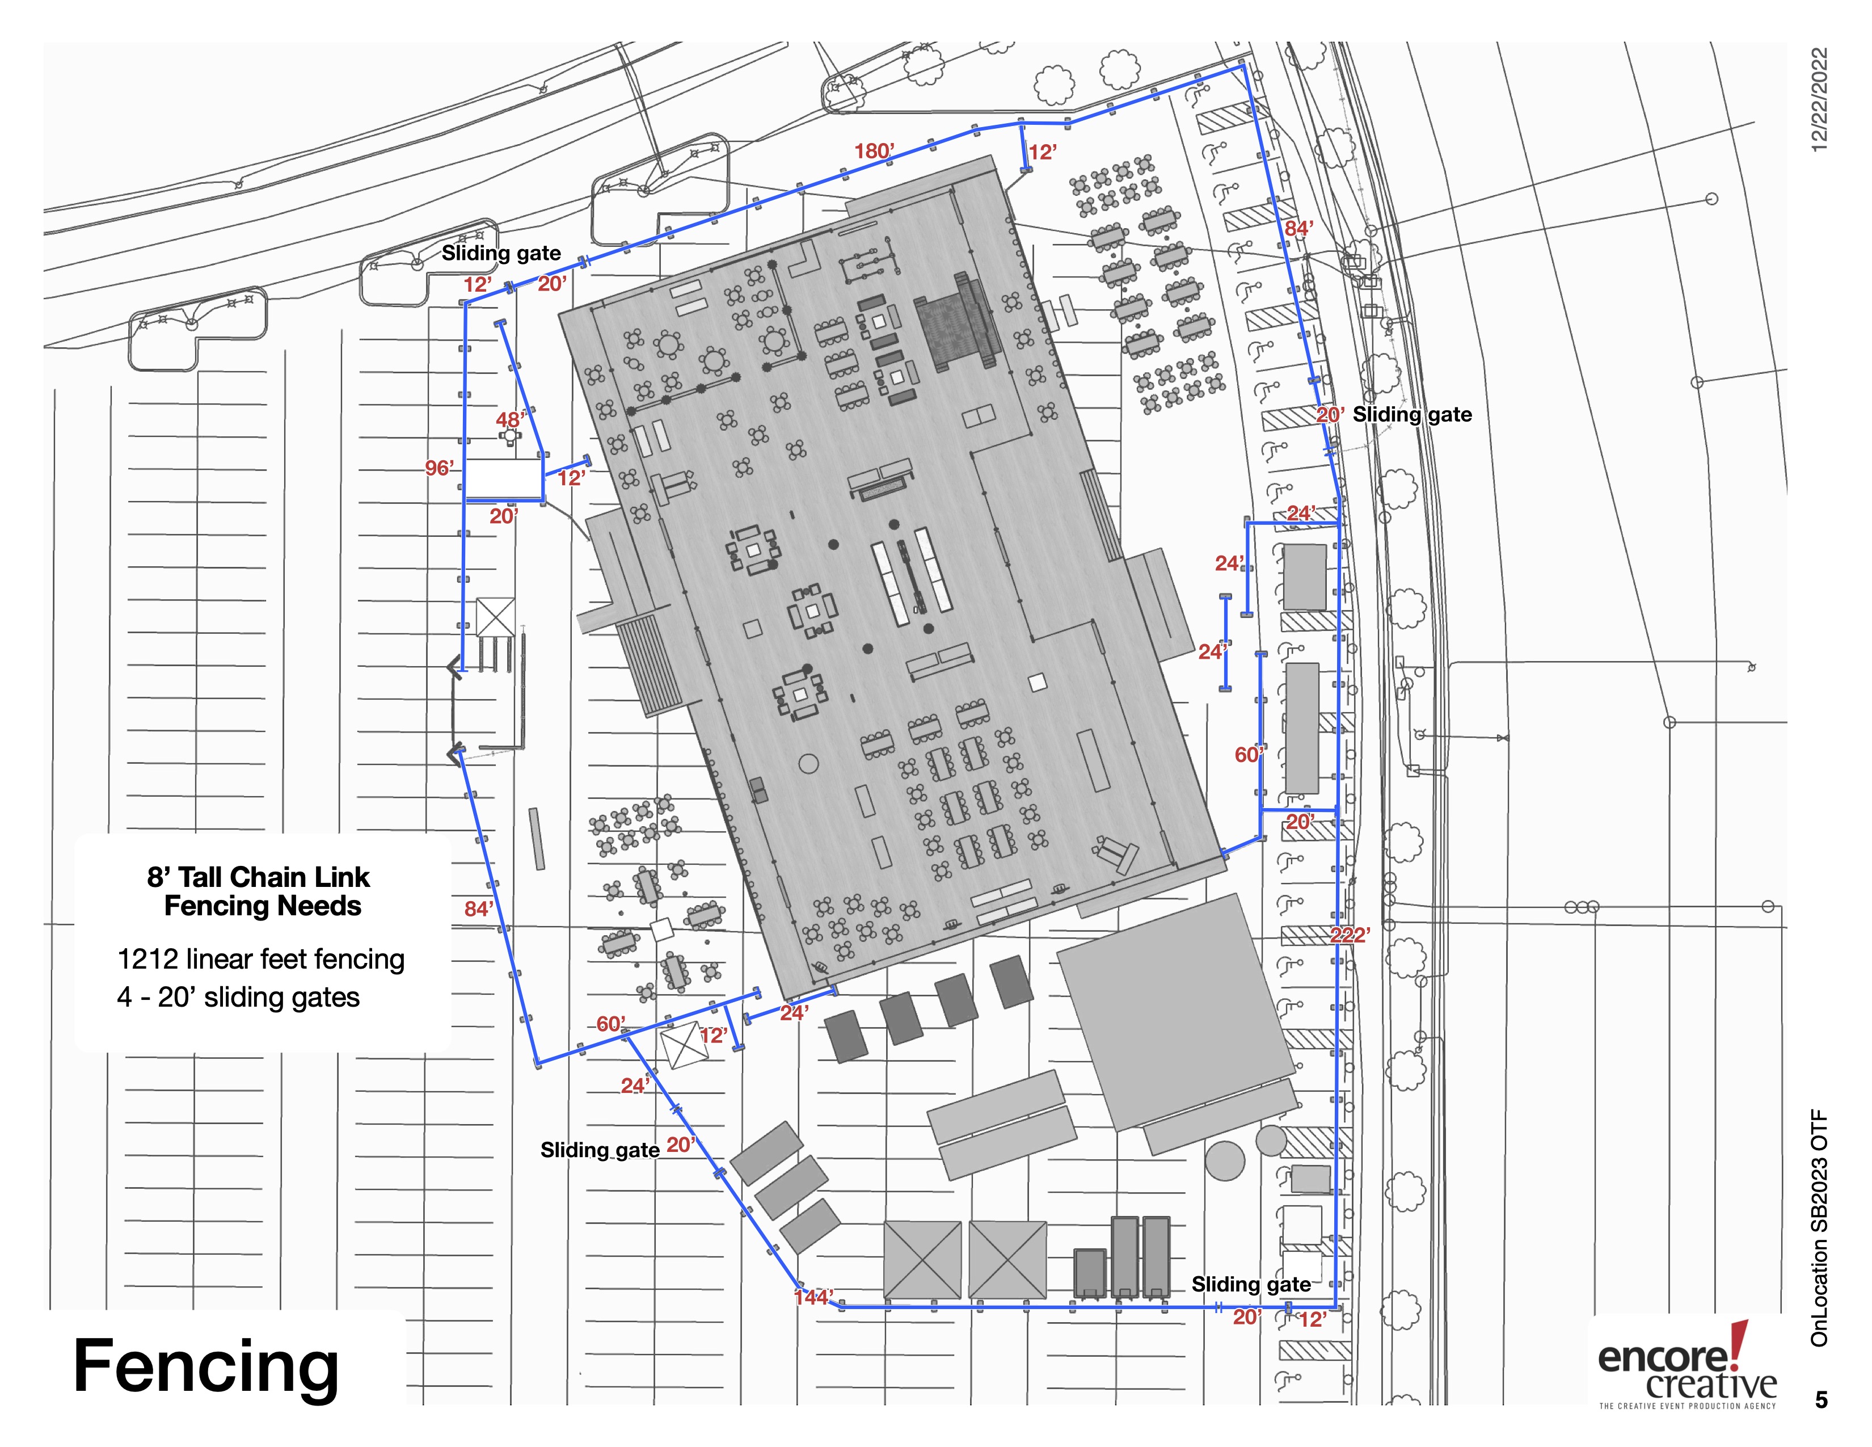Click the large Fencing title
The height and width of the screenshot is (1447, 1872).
206,1366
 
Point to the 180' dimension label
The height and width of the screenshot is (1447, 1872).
874,151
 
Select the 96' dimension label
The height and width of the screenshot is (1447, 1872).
440,468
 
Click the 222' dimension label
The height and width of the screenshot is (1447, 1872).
1350,935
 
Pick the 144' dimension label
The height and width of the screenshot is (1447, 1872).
813,1297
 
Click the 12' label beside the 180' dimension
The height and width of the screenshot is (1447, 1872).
1042,153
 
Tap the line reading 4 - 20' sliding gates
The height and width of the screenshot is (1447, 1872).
238,997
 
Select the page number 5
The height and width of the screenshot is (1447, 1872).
1822,1400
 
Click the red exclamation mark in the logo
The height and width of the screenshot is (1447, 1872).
1739,1343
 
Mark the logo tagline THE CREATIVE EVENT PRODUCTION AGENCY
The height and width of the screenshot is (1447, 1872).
1688,1406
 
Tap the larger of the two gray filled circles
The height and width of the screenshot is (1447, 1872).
1225,1160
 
